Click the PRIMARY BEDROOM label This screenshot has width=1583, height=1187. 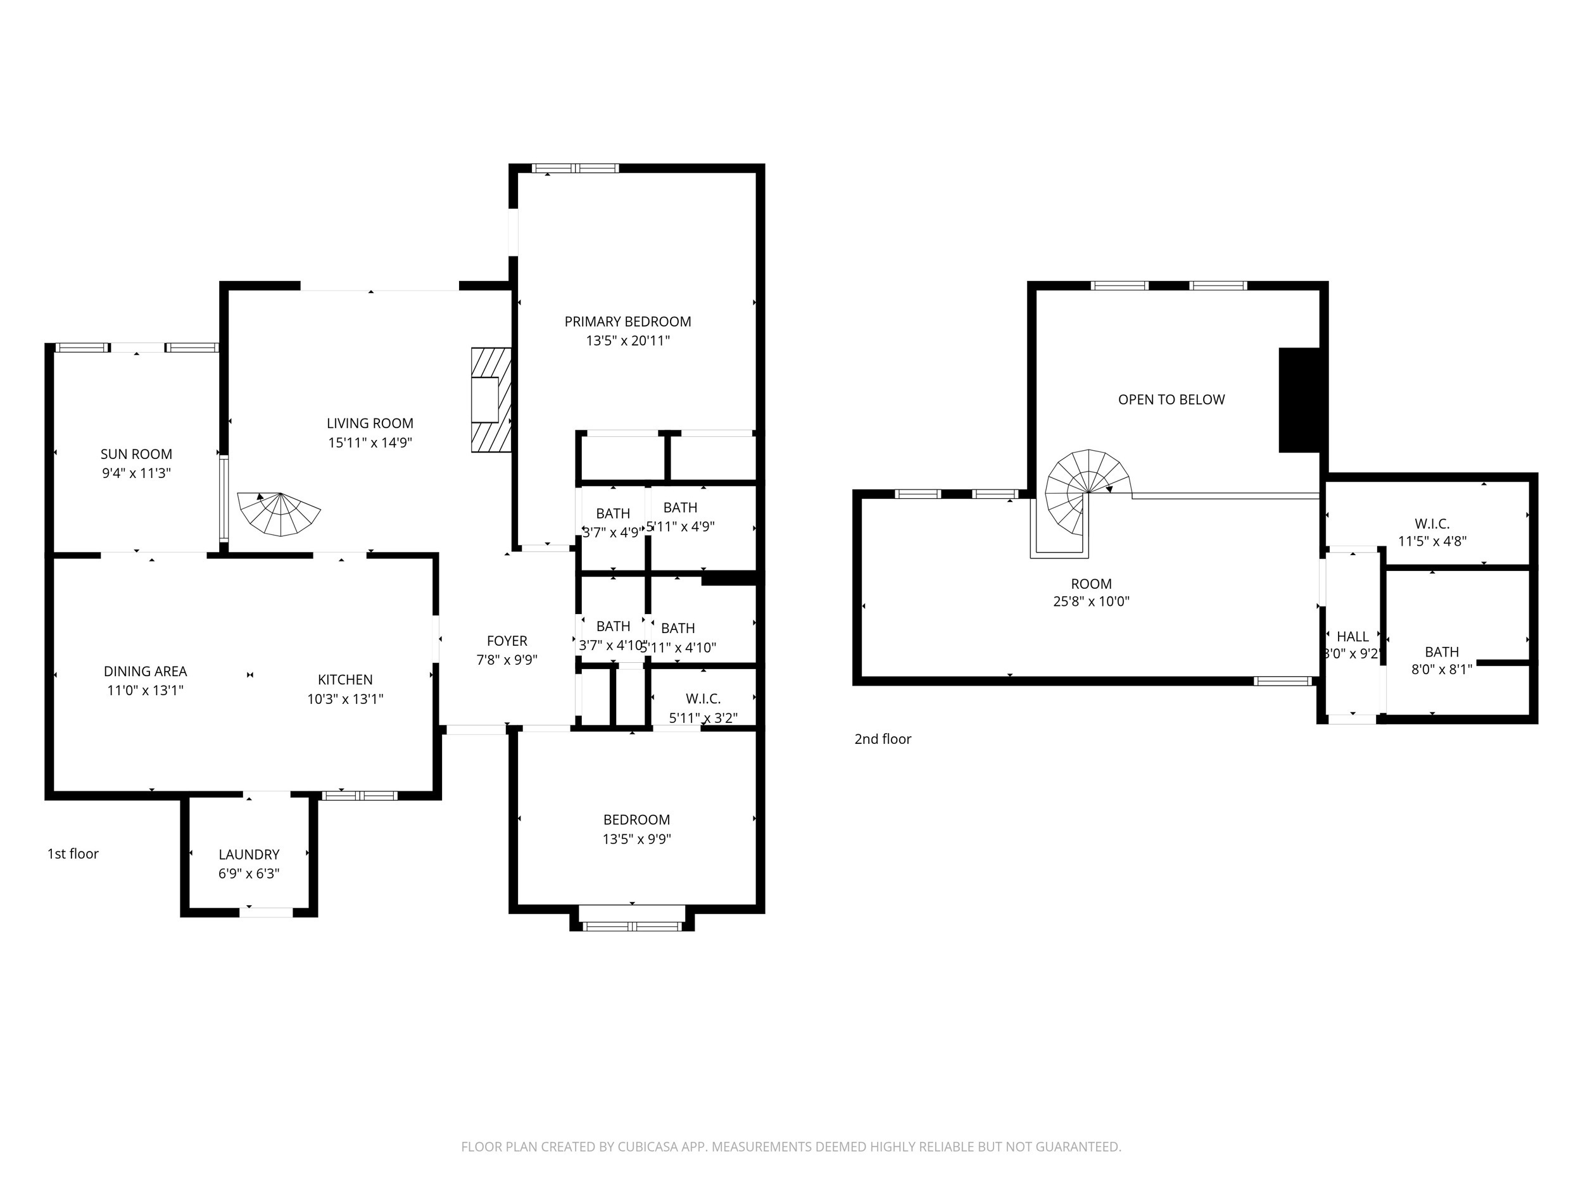click(x=627, y=322)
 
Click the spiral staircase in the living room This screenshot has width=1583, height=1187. click(x=280, y=513)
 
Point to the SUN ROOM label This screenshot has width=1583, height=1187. click(x=136, y=455)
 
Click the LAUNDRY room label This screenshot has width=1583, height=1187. click(x=248, y=854)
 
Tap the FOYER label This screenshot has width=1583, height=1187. click(x=507, y=641)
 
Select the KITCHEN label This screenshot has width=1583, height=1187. click(x=345, y=680)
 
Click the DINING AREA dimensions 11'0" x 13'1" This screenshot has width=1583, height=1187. click(x=145, y=691)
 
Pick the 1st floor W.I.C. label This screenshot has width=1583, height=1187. click(x=703, y=699)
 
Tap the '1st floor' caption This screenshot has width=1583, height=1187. click(x=73, y=853)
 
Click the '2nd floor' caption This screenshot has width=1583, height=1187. click(x=883, y=739)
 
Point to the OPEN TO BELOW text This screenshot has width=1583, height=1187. click(x=1171, y=400)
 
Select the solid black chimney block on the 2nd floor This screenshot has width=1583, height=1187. click(x=1299, y=400)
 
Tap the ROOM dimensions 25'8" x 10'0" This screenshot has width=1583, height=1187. click(x=1090, y=601)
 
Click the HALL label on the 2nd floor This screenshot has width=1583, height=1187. click(x=1352, y=637)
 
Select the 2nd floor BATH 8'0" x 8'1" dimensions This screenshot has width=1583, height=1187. click(x=1441, y=670)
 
